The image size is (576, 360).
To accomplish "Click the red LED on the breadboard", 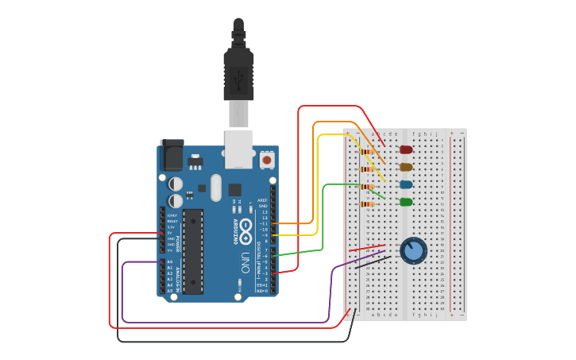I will click(x=406, y=149).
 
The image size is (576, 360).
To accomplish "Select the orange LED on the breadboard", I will click(x=406, y=167).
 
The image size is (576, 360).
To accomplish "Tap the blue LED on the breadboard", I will click(x=406, y=184).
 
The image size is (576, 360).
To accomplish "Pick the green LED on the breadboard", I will click(x=406, y=202).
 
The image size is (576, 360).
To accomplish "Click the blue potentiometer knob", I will click(x=413, y=251).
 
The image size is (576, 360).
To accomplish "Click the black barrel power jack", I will click(x=172, y=156).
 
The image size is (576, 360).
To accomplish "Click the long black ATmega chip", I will click(x=193, y=250).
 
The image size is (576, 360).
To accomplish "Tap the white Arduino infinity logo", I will click(x=246, y=234).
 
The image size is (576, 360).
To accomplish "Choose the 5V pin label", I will click(x=169, y=232).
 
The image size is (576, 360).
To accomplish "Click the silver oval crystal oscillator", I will click(x=215, y=189).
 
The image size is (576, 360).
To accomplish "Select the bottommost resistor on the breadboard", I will click(x=368, y=204).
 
